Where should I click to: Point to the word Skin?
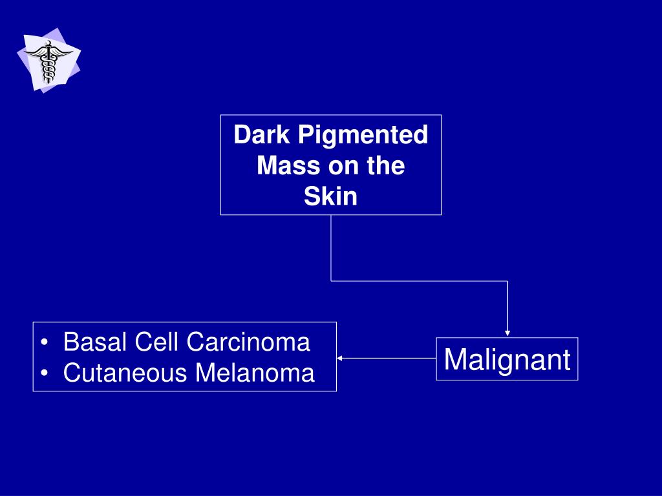tap(330, 196)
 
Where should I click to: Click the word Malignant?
tap(507, 359)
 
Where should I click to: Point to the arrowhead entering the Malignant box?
tap(507, 333)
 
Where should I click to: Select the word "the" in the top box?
tap(385, 166)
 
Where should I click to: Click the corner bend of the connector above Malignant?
tap(507, 281)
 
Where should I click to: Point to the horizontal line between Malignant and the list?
tap(388, 357)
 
